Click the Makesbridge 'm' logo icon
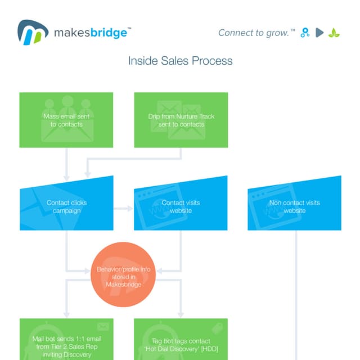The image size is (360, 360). click(x=32, y=32)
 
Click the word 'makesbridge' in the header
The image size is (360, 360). click(x=90, y=33)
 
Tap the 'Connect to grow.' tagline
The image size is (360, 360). click(x=255, y=33)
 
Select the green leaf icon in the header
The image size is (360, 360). click(x=334, y=33)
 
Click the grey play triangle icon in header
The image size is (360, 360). click(x=319, y=33)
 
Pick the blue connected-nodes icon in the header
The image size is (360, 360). click(x=305, y=33)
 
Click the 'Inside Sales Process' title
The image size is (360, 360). click(x=180, y=61)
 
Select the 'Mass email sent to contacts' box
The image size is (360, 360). click(x=66, y=120)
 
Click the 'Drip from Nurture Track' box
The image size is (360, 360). click(x=181, y=120)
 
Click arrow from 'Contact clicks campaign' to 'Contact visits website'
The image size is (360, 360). click(x=123, y=209)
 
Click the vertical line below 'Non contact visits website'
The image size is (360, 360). click(x=296, y=292)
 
